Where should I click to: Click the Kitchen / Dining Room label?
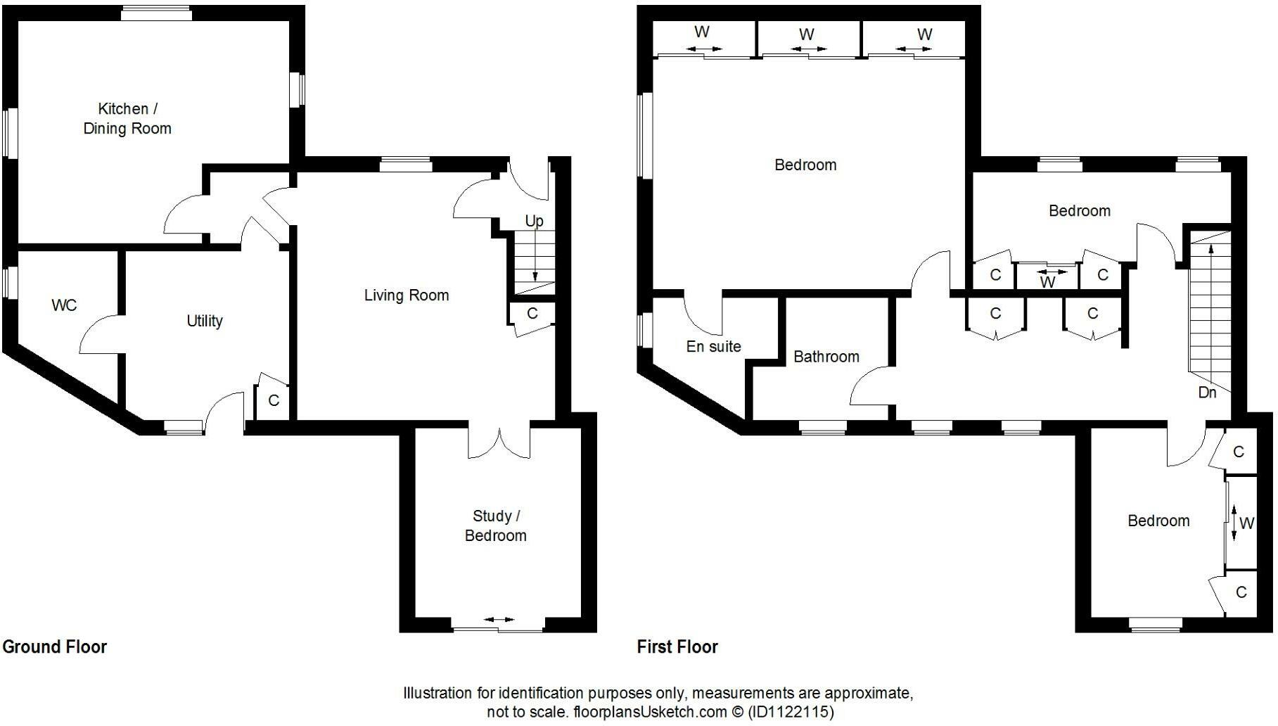127,118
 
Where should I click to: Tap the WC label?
64,305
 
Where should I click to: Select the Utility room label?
205,321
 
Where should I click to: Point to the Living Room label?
407,295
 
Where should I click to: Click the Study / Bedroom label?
496,526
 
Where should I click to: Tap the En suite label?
713,346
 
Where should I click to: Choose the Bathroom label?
826,357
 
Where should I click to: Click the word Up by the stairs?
535,221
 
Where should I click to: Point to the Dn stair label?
1207,393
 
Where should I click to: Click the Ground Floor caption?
55,647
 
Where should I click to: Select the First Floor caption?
677,647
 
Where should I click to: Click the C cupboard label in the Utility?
274,400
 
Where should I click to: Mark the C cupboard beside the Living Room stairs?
532,314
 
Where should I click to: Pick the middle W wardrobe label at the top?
807,34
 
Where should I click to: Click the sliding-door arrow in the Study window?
499,620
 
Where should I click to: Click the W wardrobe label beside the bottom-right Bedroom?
1246,523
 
